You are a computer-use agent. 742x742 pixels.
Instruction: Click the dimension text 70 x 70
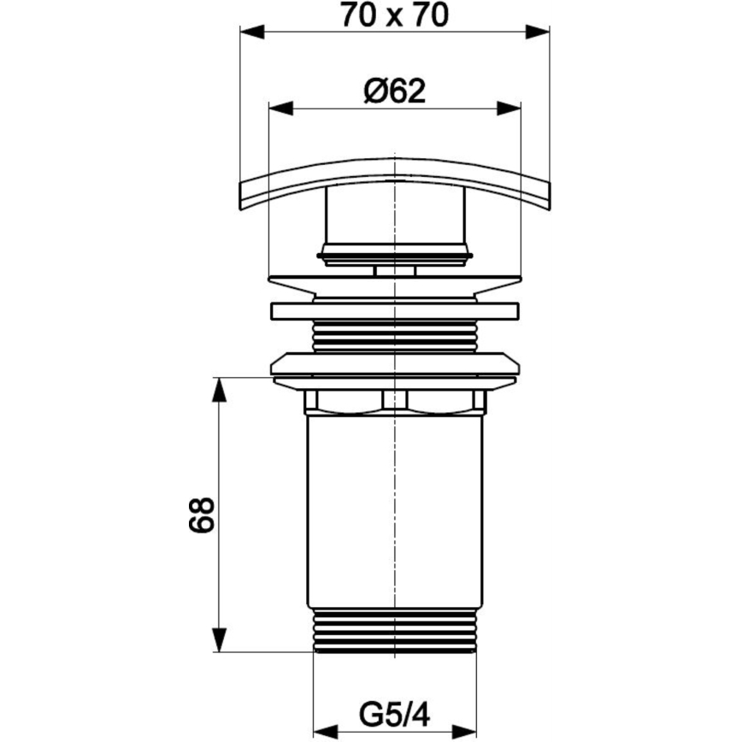click(x=393, y=15)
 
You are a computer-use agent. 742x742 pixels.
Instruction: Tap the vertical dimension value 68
click(x=202, y=515)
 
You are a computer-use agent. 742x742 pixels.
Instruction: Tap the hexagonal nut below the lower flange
click(x=394, y=401)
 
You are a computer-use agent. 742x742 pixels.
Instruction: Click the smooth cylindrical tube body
click(x=394, y=513)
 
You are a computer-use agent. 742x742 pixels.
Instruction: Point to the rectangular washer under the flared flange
click(x=394, y=311)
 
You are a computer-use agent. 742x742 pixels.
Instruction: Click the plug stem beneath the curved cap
click(x=394, y=222)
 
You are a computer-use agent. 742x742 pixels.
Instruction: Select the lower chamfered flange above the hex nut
click(x=394, y=365)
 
